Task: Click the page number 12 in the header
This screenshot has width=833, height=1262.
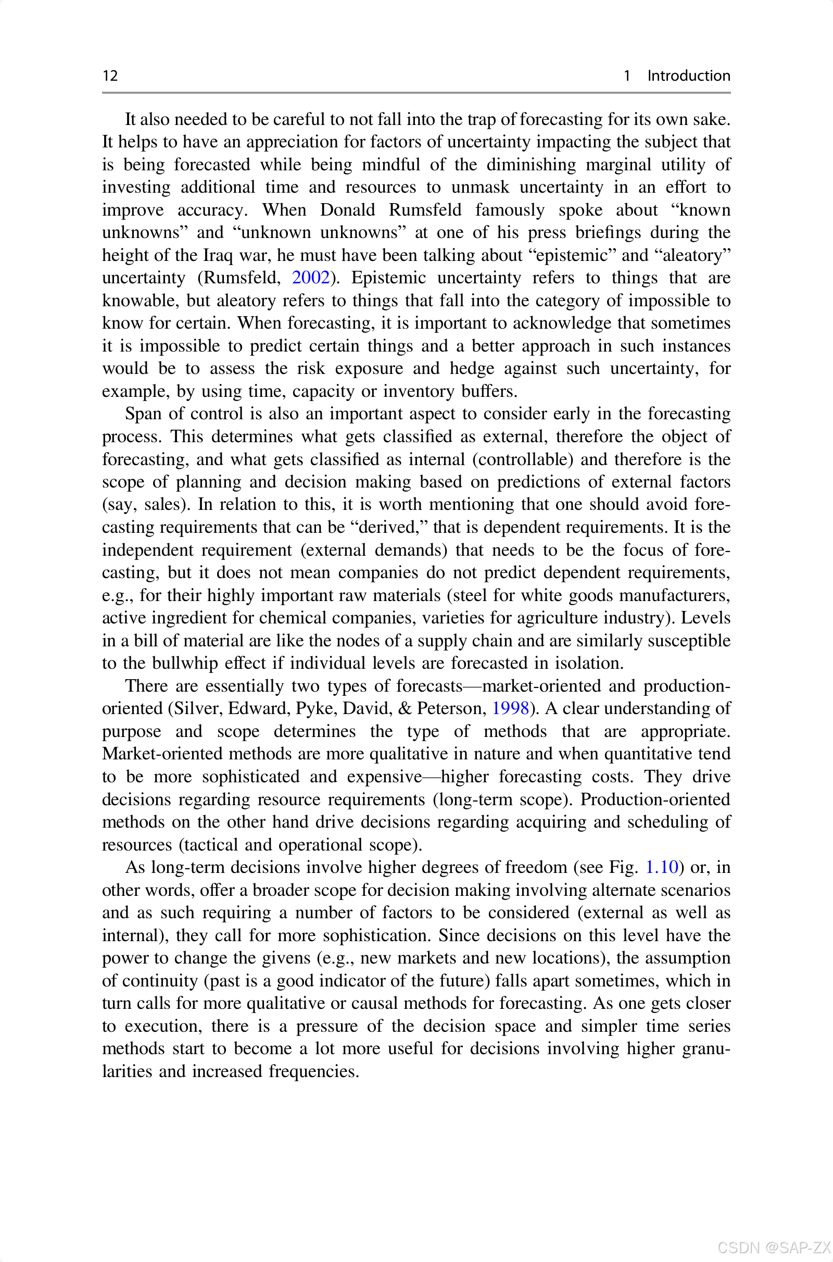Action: tap(110, 76)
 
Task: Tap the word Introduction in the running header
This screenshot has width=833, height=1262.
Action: tap(688, 76)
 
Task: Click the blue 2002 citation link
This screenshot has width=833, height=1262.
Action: tap(311, 278)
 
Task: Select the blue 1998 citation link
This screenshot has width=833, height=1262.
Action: tap(510, 708)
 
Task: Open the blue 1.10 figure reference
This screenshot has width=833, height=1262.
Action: tap(661, 867)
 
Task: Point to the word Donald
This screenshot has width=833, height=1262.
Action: tap(347, 209)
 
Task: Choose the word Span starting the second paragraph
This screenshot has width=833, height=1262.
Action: tap(143, 414)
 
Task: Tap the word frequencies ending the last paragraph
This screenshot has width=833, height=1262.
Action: tap(313, 1071)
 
